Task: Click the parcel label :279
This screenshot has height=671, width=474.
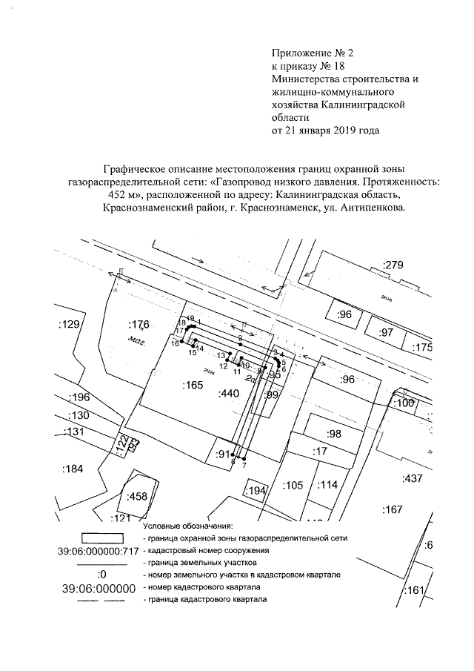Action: click(393, 265)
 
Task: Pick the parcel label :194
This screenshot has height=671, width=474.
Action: click(256, 491)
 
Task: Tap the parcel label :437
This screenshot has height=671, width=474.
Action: click(412, 479)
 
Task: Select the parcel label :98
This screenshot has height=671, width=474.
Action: click(334, 434)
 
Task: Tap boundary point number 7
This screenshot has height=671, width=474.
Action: click(244, 464)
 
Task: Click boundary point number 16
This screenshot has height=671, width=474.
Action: click(175, 344)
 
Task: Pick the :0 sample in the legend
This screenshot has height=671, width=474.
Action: click(102, 574)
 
